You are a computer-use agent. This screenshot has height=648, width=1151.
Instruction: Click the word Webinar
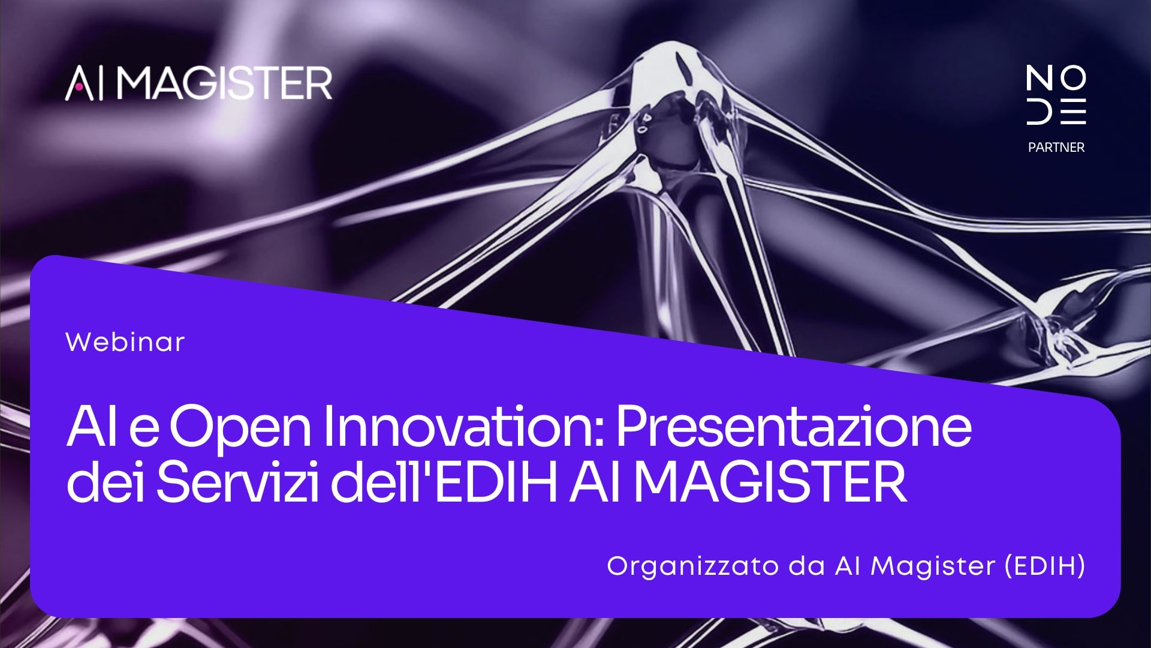125,342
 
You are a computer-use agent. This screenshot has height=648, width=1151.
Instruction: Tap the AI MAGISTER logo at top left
198,83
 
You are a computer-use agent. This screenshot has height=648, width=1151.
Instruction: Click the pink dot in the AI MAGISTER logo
79,88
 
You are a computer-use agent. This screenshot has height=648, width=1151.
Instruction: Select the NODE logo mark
1056,95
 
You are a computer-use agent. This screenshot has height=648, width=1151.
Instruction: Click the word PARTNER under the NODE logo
1056,147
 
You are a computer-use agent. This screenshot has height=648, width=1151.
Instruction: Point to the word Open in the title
240,428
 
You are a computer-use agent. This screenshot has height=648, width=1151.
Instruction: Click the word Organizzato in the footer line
692,566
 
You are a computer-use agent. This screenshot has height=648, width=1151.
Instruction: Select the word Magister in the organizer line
933,566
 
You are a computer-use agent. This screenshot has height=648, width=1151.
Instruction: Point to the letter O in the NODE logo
1072,78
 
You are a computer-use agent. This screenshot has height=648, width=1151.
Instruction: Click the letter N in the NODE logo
1039,78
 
